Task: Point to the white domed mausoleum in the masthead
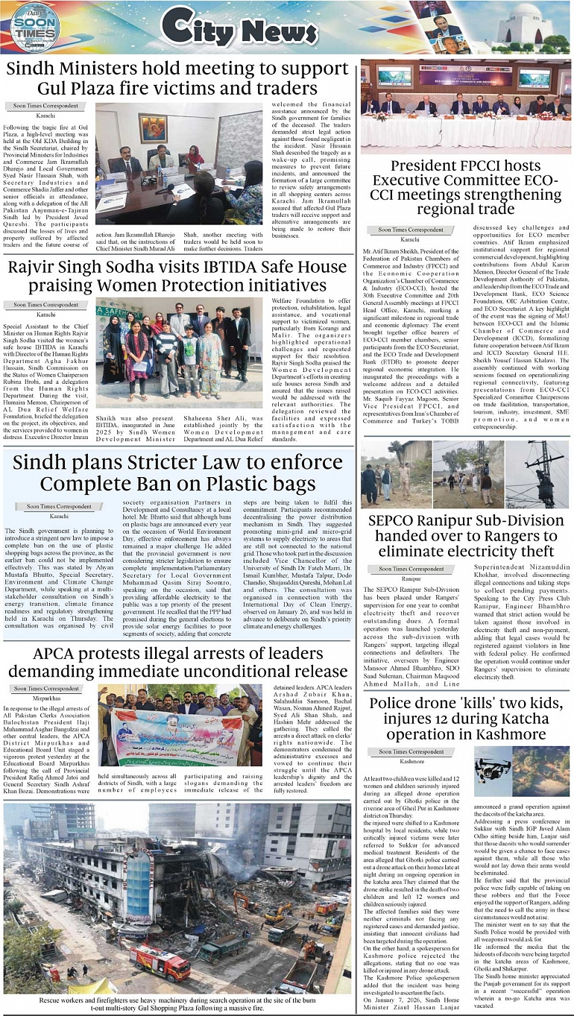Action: pos(526,26)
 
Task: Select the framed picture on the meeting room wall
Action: pos(153,128)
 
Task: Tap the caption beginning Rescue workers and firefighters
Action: pos(177,1003)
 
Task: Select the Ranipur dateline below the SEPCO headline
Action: pos(411,578)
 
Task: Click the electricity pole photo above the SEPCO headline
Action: pos(537,474)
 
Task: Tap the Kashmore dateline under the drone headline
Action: pos(411,761)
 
